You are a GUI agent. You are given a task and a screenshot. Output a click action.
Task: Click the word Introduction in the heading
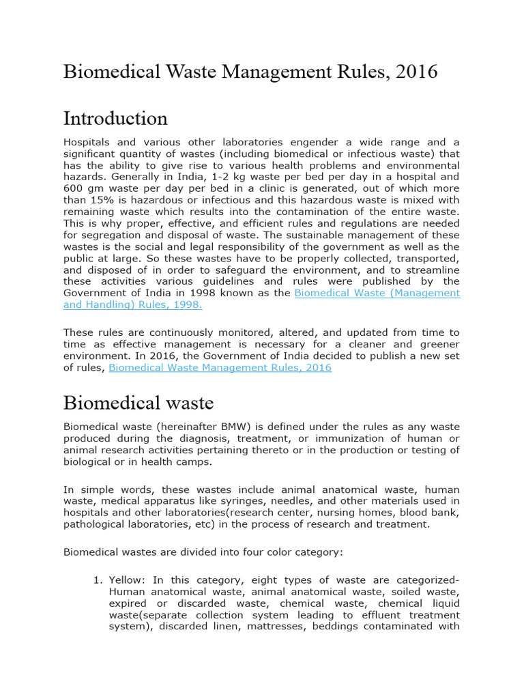coord(115,119)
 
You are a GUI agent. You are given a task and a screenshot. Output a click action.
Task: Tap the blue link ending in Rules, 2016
coord(220,368)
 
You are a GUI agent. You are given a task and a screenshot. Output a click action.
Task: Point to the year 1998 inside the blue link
coord(188,305)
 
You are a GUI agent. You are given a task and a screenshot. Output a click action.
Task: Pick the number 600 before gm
coord(73,188)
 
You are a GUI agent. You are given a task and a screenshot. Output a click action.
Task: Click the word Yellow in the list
coord(125,580)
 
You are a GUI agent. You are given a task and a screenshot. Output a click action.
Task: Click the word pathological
coord(98,524)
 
